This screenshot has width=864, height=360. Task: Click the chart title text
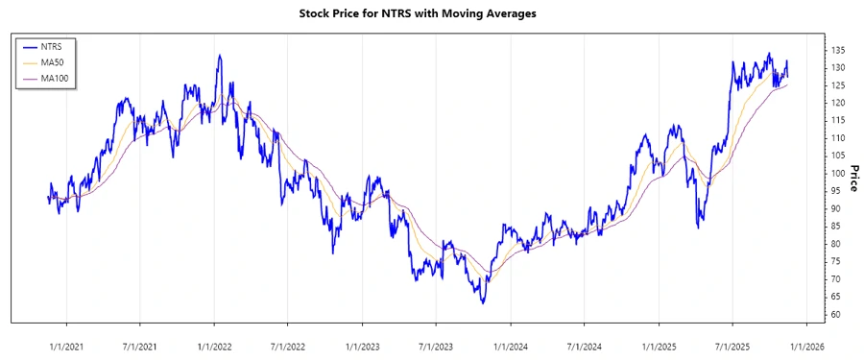(x=432, y=14)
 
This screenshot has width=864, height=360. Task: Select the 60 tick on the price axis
(x=837, y=315)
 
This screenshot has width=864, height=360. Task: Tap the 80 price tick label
(x=837, y=244)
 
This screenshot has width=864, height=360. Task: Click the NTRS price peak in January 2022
(x=220, y=55)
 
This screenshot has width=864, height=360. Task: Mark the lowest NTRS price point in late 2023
(x=483, y=303)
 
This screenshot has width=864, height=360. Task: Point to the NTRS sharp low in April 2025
(x=699, y=228)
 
